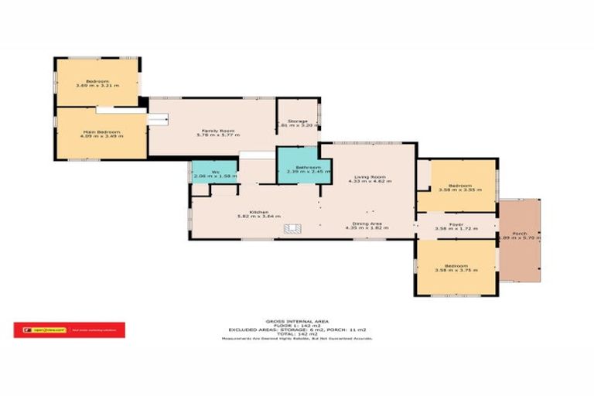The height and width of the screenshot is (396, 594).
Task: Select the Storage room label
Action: (299, 121)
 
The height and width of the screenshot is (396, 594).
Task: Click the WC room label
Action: (207, 172)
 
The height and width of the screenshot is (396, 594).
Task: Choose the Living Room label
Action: (367, 178)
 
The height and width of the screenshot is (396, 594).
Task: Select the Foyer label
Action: (456, 224)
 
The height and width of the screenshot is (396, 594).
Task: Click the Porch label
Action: (519, 233)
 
